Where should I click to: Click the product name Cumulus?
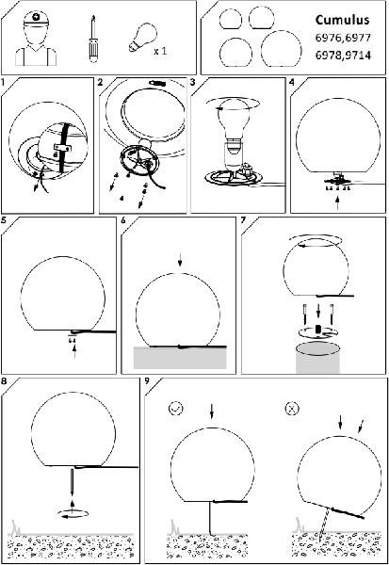(342, 20)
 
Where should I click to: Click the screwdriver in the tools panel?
(93, 40)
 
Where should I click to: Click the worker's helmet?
(36, 18)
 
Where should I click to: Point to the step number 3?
(193, 82)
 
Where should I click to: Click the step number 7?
(243, 219)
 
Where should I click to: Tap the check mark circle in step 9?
(176, 409)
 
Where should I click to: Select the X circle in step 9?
(292, 409)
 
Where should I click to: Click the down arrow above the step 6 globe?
(180, 261)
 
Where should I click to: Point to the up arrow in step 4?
(337, 202)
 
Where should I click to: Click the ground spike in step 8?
(73, 480)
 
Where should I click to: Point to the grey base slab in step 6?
(180, 358)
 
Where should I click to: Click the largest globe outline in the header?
(281, 49)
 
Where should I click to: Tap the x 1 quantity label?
(160, 51)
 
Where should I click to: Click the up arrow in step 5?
(74, 351)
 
